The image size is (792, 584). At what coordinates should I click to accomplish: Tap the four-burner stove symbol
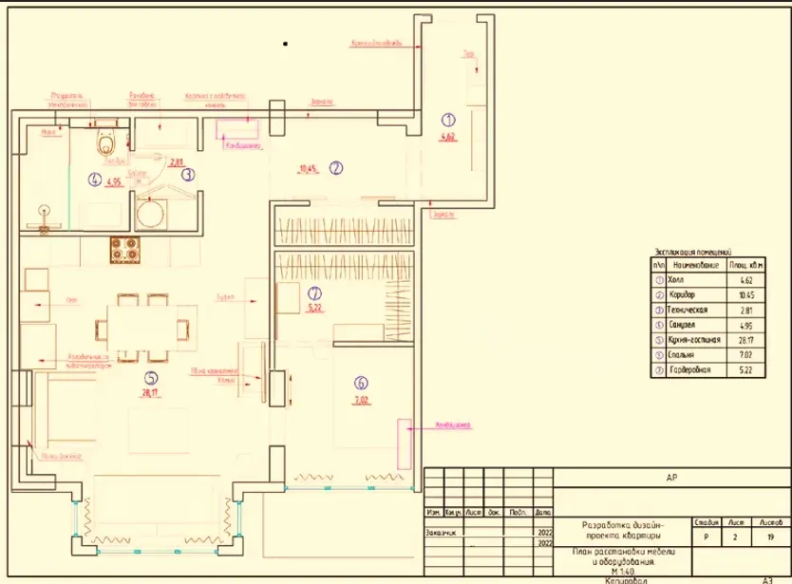(x=125, y=252)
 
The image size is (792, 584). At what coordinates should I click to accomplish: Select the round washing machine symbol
(x=151, y=213)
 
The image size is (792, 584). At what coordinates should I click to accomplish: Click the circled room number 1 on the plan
(x=449, y=120)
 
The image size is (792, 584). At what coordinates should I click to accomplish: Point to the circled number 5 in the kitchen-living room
(x=150, y=377)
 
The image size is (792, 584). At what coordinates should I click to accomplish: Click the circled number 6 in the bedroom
(x=361, y=384)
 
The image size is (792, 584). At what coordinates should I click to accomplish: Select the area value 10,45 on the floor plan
(x=307, y=170)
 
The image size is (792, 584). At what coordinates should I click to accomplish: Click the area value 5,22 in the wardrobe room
(x=314, y=308)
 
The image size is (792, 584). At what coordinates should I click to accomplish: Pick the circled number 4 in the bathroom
(x=94, y=178)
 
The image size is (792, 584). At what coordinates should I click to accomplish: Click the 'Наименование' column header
(x=696, y=267)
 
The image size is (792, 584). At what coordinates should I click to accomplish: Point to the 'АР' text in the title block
(x=672, y=480)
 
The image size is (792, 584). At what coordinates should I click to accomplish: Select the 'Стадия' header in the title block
(x=706, y=521)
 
